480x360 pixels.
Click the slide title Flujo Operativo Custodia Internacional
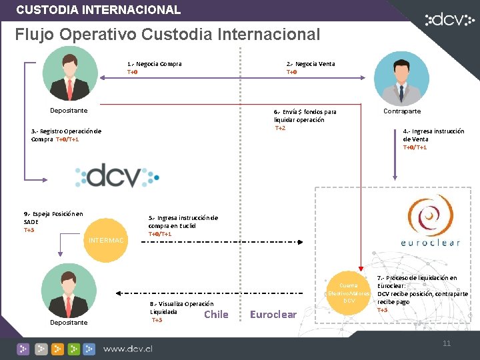point(167,34)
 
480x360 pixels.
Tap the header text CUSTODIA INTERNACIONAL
point(98,10)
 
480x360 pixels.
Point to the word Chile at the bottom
point(216,314)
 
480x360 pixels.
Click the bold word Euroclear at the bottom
point(273,314)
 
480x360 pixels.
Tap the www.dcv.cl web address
point(128,348)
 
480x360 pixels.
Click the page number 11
point(447,343)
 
